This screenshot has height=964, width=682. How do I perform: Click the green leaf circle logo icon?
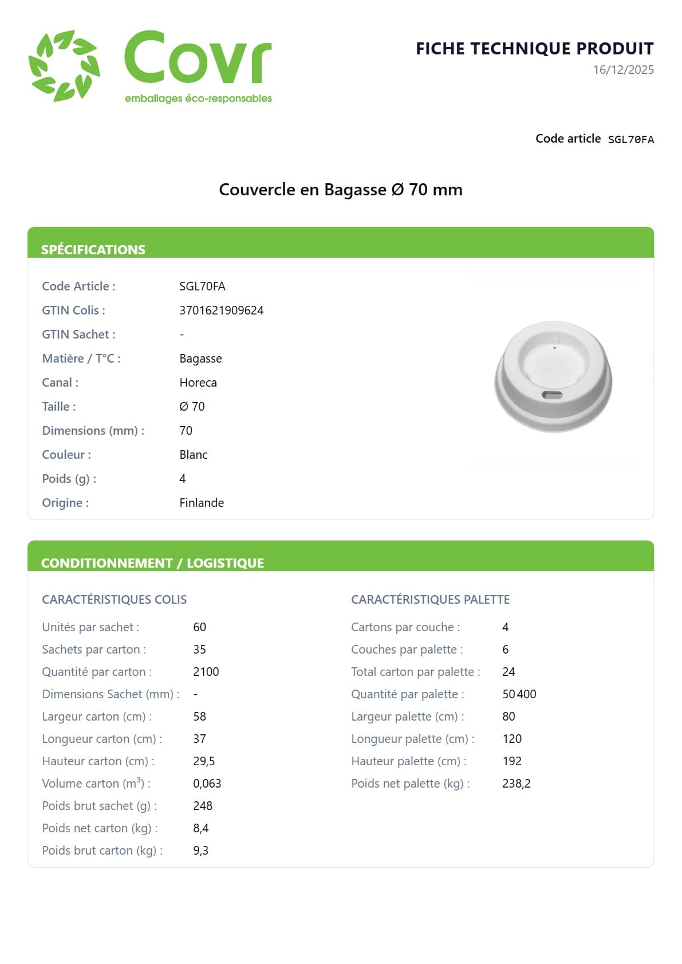[x=64, y=66]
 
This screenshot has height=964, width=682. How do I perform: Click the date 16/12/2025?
[x=623, y=70]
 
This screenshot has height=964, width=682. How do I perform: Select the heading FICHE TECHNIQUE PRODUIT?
[x=534, y=49]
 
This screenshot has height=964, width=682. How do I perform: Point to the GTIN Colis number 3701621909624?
[x=221, y=310]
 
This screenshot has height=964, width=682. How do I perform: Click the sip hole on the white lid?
[x=551, y=395]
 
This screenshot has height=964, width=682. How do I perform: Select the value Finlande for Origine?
[x=202, y=503]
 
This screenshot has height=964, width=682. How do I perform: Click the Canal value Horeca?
[x=198, y=383]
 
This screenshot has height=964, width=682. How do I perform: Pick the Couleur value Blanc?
[x=194, y=455]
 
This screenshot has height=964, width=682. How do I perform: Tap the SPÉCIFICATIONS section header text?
[x=93, y=250]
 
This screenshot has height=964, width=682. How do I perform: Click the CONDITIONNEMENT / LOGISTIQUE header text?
[x=152, y=563]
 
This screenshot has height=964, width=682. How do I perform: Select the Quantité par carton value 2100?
[x=206, y=672]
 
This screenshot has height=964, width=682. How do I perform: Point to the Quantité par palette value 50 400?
[x=519, y=694]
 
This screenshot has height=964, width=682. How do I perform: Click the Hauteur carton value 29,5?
[x=204, y=761]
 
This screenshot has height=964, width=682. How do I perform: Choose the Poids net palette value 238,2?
[x=516, y=784]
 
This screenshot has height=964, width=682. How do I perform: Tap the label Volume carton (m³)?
[x=96, y=784]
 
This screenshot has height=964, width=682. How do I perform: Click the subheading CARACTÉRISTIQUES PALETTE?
[x=430, y=600]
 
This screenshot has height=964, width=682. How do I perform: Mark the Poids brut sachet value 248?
[x=203, y=806]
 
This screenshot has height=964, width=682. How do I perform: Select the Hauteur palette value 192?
[x=512, y=761]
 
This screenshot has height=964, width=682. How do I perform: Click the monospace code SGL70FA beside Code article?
[x=630, y=140]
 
